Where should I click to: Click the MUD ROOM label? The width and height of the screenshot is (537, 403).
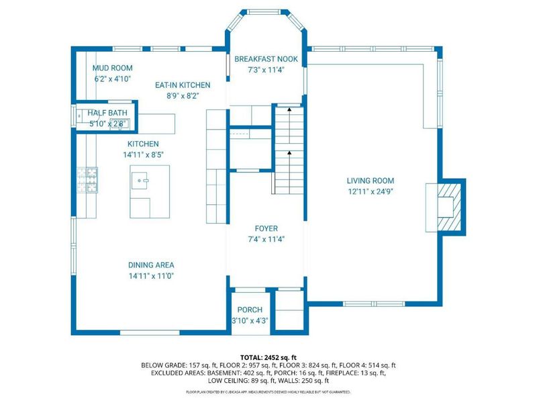coord(112,68)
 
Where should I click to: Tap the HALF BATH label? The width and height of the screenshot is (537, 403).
coord(108,114)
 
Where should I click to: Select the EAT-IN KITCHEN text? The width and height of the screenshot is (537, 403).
coord(183,85)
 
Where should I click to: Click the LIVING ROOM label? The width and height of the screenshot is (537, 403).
coord(370,181)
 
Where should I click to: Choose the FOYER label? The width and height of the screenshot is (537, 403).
coord(266,228)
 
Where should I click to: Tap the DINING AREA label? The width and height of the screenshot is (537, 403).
coord(151,265)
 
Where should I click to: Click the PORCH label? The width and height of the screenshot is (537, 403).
coord(249,310)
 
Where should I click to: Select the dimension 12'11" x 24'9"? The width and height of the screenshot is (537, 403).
coord(370,191)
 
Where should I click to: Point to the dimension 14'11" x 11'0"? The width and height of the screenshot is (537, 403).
coord(151,276)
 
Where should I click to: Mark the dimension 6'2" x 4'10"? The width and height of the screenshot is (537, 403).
coord(112,79)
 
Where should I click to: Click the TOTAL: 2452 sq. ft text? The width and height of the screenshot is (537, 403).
coord(268,357)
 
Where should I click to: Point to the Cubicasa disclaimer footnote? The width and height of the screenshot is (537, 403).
coord(268,392)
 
